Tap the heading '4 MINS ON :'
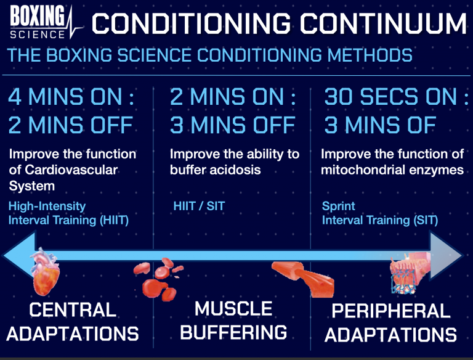71,98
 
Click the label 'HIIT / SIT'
199,206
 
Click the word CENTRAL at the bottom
72,309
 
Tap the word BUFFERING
233,333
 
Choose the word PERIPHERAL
390,311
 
